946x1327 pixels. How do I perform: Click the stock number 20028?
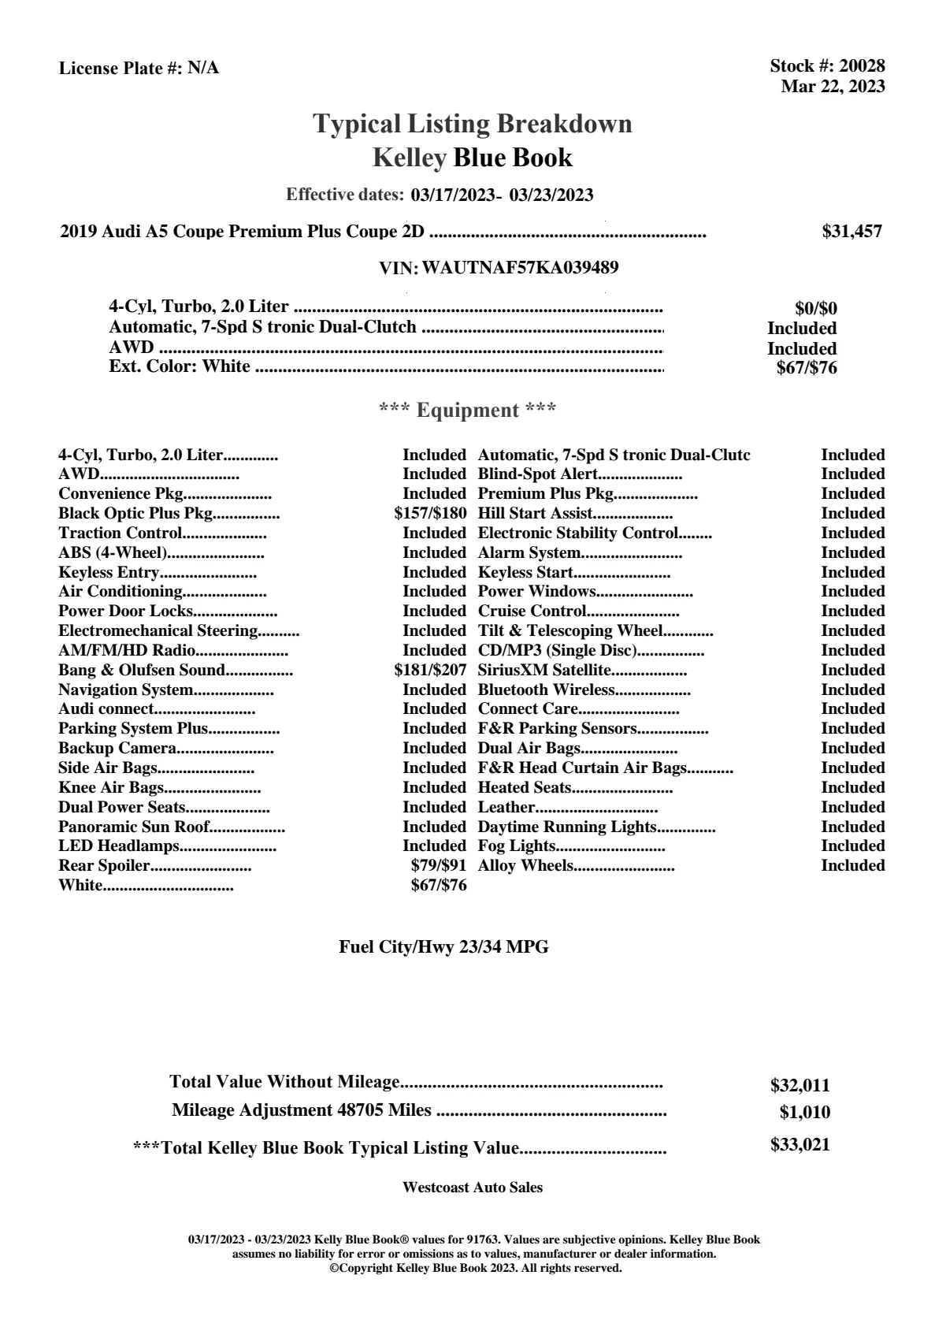point(862,66)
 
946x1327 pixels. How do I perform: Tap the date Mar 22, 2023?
point(833,87)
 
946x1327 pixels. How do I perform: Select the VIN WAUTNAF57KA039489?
point(520,268)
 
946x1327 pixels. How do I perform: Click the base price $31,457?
point(851,232)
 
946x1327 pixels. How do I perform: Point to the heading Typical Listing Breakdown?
point(473,124)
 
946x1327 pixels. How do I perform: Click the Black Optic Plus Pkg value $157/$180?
point(430,514)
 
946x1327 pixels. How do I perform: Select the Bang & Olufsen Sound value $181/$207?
point(430,671)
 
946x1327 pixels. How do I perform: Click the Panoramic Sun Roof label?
point(134,827)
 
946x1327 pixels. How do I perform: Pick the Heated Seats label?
point(525,787)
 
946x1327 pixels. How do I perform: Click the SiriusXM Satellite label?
point(544,671)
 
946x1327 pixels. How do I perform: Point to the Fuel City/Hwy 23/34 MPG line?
point(443,947)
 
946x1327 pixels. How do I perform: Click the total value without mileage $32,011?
point(799,1086)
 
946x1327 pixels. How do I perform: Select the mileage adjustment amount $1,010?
point(804,1113)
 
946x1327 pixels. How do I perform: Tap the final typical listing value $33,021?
point(799,1145)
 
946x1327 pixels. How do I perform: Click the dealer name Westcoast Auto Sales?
point(473,1188)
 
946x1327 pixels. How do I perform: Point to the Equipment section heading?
point(468,411)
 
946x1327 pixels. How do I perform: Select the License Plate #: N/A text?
point(139,69)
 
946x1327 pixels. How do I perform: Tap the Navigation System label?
point(125,690)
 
